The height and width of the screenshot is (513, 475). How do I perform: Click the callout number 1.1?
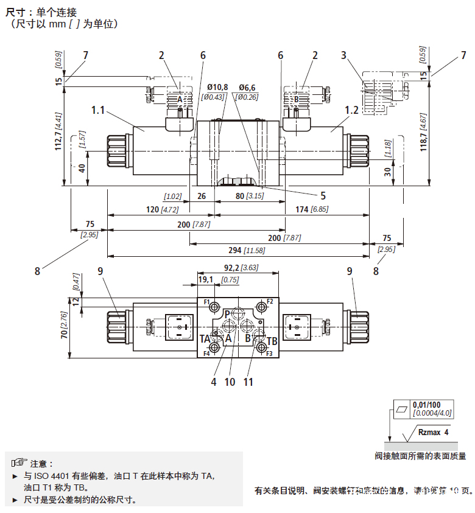(99, 110)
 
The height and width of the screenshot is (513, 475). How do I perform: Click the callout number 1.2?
(351, 110)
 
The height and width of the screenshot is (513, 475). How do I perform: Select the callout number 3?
(344, 55)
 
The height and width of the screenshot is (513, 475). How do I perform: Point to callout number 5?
(323, 196)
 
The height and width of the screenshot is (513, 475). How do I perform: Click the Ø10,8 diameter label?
(217, 87)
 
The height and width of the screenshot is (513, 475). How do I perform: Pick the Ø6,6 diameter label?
(247, 87)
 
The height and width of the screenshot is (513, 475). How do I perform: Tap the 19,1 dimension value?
(206, 280)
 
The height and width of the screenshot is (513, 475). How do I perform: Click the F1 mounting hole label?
(206, 302)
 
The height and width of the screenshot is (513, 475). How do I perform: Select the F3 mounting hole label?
(269, 353)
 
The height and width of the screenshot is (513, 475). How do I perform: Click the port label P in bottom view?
(227, 313)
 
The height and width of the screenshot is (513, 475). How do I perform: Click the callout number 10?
(230, 382)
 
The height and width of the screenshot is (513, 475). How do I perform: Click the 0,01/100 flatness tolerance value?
(426, 405)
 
